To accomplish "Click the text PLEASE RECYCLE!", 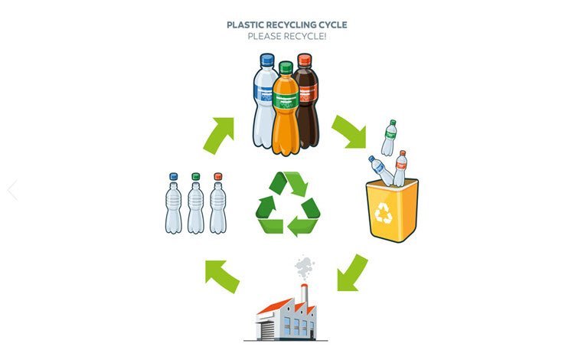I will [286, 36].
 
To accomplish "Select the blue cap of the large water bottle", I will [267, 60].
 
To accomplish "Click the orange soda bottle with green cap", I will [286, 107].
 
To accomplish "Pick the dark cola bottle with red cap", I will [306, 103].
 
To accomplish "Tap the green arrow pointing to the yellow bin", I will [349, 131].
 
